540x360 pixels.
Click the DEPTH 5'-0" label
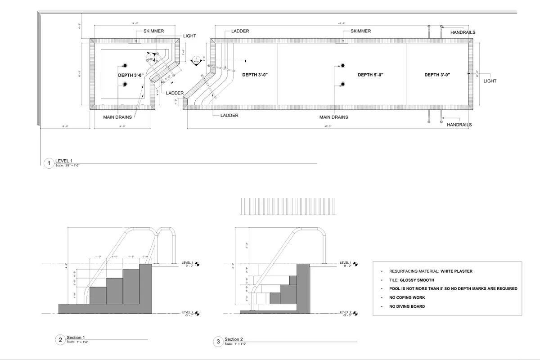click(370, 75)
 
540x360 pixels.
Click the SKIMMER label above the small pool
click(153, 31)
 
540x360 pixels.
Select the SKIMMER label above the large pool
click(360, 31)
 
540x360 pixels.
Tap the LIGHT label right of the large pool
click(490, 81)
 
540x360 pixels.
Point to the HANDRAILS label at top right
click(463, 32)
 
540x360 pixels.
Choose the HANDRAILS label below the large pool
click(459, 124)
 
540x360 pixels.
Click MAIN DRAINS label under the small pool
click(117, 117)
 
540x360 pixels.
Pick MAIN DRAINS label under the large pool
click(333, 117)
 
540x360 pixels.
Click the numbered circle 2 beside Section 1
click(60, 340)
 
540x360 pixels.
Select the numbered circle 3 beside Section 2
click(218, 342)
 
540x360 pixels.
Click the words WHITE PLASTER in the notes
click(456, 271)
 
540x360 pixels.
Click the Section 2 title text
click(234, 339)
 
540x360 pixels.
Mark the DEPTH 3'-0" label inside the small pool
click(131, 75)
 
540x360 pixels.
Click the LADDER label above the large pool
click(240, 31)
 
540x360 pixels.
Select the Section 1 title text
click(76, 337)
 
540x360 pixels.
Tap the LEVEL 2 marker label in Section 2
click(345, 311)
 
